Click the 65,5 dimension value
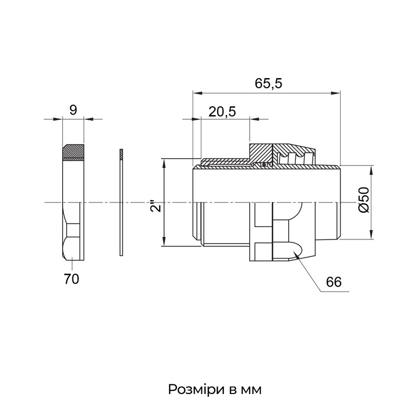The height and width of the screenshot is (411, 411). pos(268,83)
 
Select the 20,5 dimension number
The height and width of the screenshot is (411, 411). pos(222,112)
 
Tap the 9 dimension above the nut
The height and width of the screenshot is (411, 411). pos(73,110)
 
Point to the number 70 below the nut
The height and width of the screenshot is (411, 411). pos(71,279)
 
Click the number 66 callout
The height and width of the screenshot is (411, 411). pos(333,282)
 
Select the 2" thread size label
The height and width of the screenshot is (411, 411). pos(156,206)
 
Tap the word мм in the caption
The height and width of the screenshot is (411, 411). pos(251,390)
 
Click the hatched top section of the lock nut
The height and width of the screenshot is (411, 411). pos(73,152)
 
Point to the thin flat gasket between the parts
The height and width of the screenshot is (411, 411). pos(121,202)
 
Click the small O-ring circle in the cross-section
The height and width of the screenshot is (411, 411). pos(264,164)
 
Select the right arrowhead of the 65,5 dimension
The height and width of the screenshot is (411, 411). pos(335,93)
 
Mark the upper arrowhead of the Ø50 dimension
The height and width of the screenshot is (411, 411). pos(371,171)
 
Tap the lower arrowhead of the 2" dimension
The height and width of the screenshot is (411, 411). pos(164,241)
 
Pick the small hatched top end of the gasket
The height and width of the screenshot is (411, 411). pos(121,155)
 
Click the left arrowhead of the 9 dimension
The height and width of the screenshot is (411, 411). pos(58,119)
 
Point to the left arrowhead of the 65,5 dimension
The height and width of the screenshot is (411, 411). pos(198,93)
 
